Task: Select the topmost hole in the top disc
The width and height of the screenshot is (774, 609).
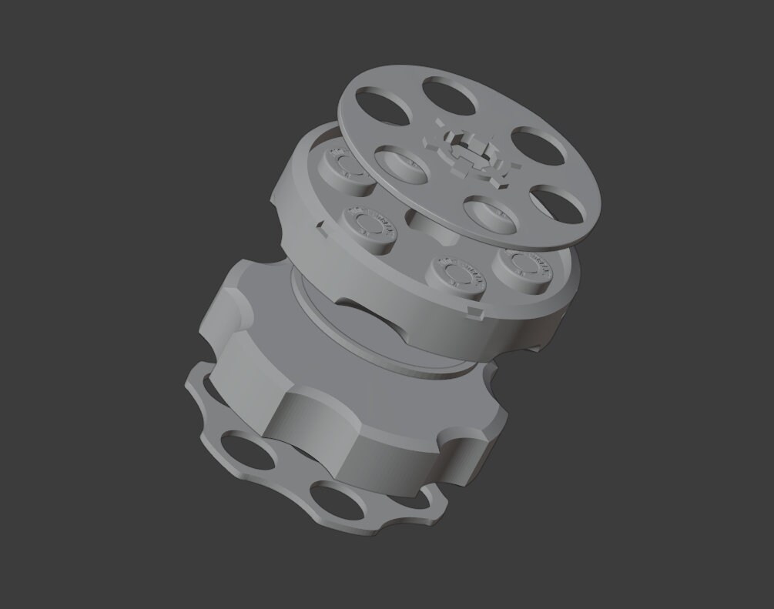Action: [449, 95]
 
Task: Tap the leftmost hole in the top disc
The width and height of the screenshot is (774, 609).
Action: [383, 105]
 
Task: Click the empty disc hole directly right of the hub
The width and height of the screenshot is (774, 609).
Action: [538, 146]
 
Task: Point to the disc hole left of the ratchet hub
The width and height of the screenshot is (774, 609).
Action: [400, 164]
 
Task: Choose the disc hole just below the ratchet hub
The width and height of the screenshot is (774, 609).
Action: [490, 214]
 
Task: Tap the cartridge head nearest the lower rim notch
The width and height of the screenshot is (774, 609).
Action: [456, 274]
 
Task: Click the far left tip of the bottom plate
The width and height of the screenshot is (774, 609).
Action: [188, 383]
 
